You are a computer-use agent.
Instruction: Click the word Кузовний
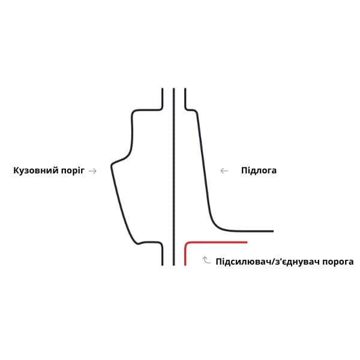tap(36, 170)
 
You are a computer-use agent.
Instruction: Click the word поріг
tap(73, 170)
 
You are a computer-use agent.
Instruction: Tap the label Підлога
tap(259, 170)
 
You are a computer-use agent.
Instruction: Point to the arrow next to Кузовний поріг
tap(92, 171)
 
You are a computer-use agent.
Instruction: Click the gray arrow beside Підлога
tap(224, 171)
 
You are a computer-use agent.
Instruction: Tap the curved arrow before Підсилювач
tap(206, 260)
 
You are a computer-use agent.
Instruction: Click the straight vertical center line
tap(174, 177)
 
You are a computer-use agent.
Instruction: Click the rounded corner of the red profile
tap(187, 244)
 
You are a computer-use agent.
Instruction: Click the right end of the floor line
tap(273, 231)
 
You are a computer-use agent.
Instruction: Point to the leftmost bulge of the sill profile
tap(112, 165)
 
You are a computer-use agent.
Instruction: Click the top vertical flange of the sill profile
tap(163, 98)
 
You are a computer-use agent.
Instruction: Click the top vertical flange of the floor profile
tap(185, 98)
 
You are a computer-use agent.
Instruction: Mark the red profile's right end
tap(247, 242)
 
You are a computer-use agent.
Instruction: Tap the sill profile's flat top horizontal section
tap(147, 110)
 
